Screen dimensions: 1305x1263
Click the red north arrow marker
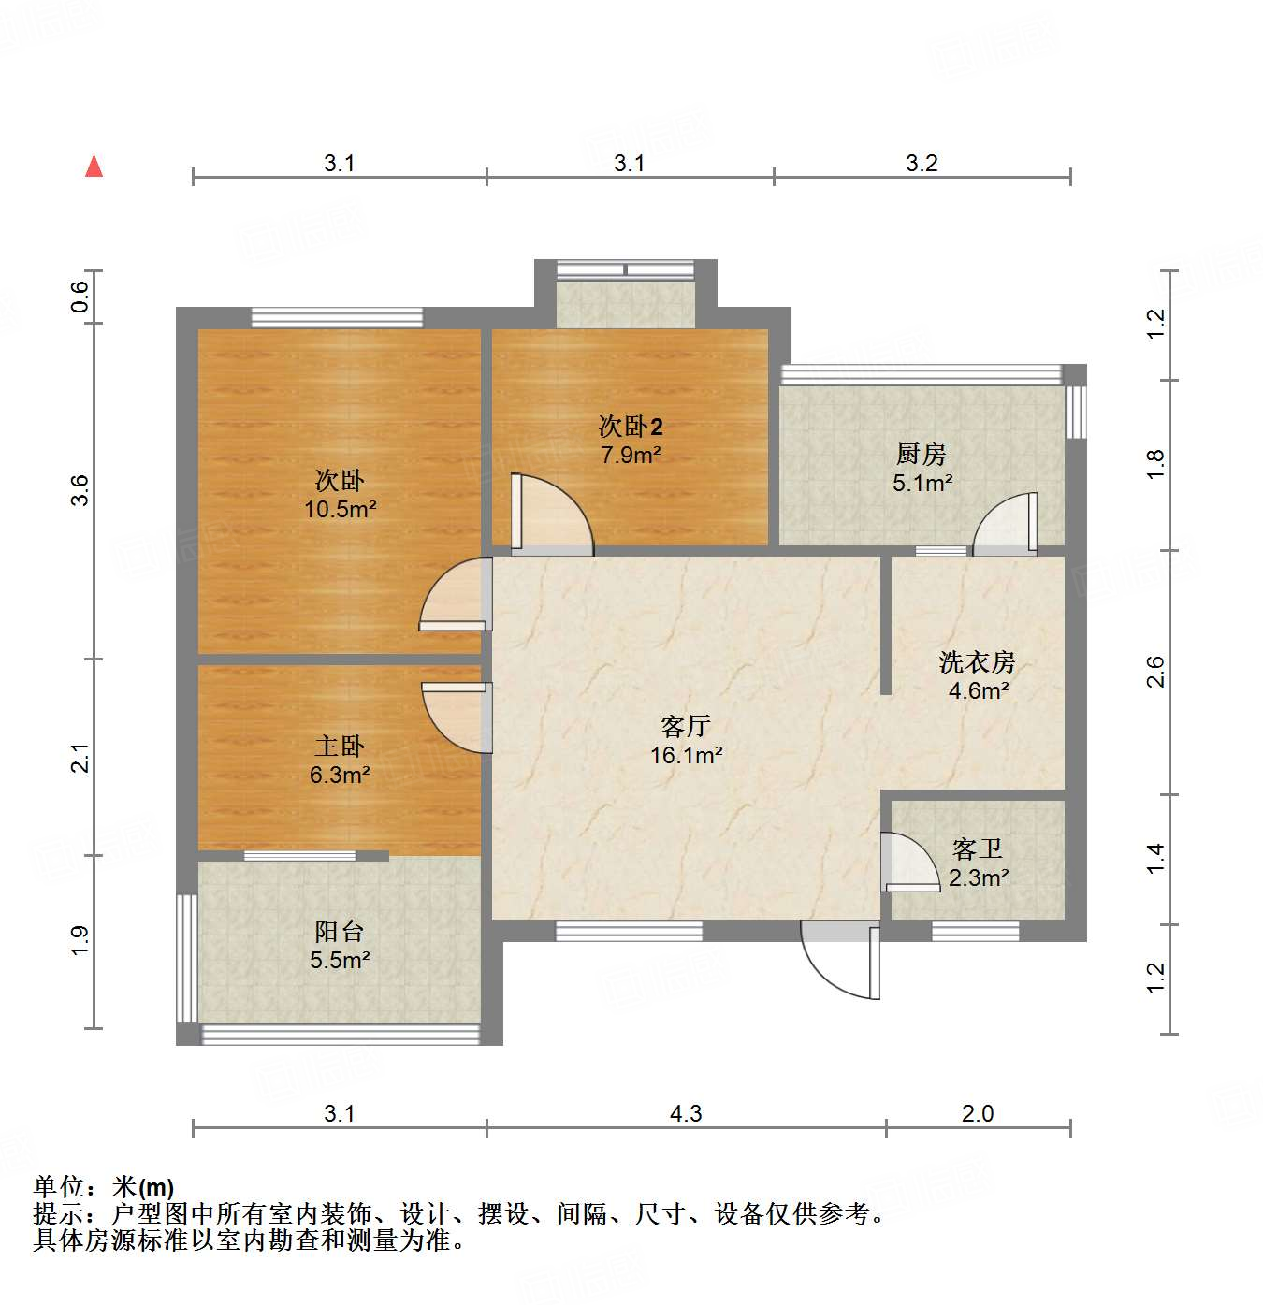click(94, 166)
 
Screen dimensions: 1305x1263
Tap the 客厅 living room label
click(686, 726)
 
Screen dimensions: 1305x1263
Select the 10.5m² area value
click(340, 510)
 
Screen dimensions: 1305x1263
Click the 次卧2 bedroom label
click(631, 427)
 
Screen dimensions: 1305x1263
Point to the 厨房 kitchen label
click(922, 455)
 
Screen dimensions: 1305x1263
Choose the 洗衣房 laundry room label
click(978, 662)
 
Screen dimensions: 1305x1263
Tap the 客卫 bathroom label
click(978, 849)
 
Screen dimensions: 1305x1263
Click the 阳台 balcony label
click(340, 932)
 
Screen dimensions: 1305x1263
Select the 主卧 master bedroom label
click(340, 747)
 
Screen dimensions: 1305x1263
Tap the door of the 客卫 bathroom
click(907, 863)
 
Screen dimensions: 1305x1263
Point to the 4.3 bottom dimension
click(686, 1113)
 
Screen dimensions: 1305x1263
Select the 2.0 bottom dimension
click(978, 1113)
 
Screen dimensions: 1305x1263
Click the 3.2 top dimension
click(922, 163)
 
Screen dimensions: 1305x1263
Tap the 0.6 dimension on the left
click(80, 297)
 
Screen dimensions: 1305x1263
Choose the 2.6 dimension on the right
click(1156, 672)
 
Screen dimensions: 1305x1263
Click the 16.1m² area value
click(686, 756)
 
